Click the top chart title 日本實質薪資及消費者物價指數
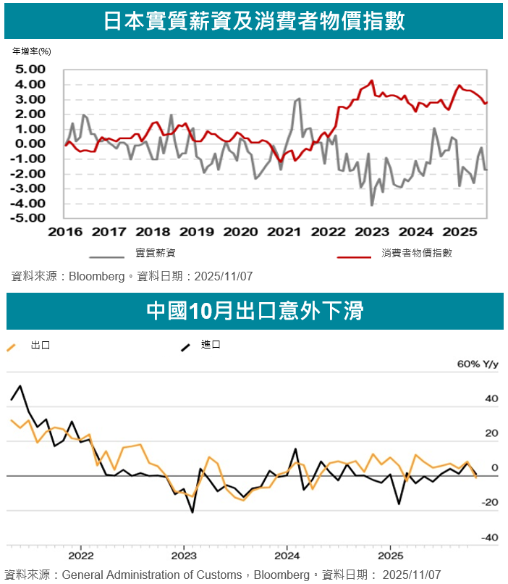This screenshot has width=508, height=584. pyautogui.click(x=254, y=21)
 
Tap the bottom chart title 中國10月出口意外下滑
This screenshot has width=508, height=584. pyautogui.click(x=254, y=311)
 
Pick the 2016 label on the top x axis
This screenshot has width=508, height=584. pyautogui.click(x=65, y=233)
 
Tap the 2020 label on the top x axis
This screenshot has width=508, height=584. pyautogui.click(x=240, y=233)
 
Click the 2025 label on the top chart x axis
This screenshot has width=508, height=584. pyautogui.click(x=460, y=233)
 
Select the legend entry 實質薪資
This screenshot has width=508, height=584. pyautogui.click(x=156, y=254)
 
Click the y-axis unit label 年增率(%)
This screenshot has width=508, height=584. pyautogui.click(x=32, y=51)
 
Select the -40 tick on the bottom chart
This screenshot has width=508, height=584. pyautogui.click(x=490, y=538)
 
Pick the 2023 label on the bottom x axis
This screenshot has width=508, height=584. pyautogui.click(x=184, y=556)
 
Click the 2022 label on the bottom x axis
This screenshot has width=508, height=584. pyautogui.click(x=80, y=556)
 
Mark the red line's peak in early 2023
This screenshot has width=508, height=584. pyautogui.click(x=372, y=81)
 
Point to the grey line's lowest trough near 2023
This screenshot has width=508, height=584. pyautogui.click(x=372, y=205)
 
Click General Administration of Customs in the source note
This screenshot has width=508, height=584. pyautogui.click(x=153, y=575)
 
